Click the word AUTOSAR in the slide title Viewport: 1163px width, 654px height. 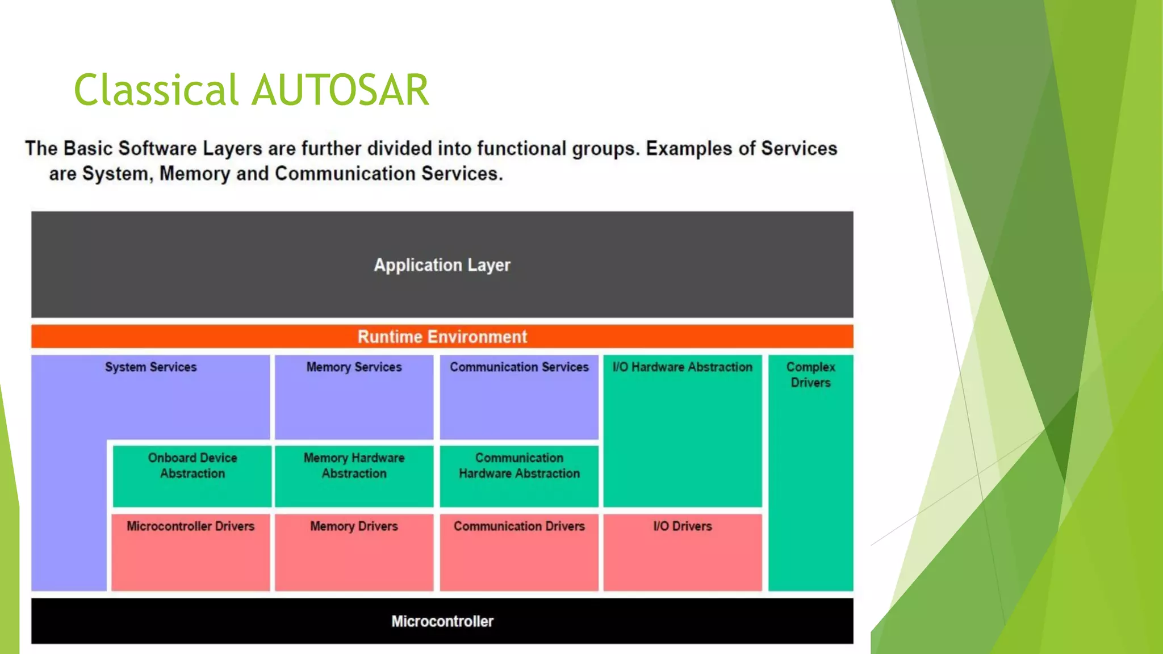click(x=340, y=90)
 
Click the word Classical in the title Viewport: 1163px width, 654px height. click(x=156, y=90)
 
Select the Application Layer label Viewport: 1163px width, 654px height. click(x=442, y=265)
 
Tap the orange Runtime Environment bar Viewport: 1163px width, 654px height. click(x=442, y=337)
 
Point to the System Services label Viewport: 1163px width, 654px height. click(x=150, y=367)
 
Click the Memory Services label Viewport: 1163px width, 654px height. click(x=354, y=367)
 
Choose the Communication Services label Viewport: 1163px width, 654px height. click(x=519, y=367)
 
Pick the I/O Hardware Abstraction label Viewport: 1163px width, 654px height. click(x=682, y=367)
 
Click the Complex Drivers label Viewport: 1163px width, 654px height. click(x=810, y=375)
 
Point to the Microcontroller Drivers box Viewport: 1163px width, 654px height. click(x=190, y=551)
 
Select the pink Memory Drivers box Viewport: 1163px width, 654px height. click(x=354, y=551)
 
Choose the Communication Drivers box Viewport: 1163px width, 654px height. click(x=519, y=551)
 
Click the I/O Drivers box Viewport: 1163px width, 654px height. click(x=682, y=551)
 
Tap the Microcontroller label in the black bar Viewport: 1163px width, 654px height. click(x=442, y=622)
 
